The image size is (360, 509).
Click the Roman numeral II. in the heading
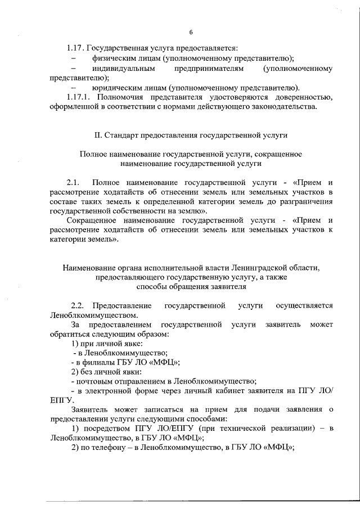[97, 136]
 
